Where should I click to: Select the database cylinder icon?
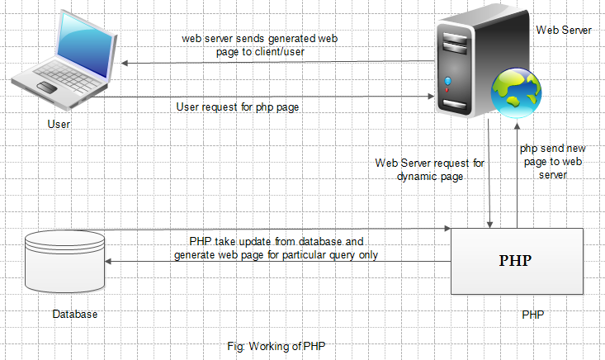[65, 261]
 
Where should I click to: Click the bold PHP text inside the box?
[515, 261]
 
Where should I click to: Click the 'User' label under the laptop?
[59, 125]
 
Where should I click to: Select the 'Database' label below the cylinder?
[74, 315]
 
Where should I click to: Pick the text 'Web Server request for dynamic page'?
[429, 169]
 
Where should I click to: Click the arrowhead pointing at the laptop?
[125, 63]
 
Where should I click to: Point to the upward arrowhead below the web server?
[518, 123]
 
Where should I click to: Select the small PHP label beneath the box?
[532, 315]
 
